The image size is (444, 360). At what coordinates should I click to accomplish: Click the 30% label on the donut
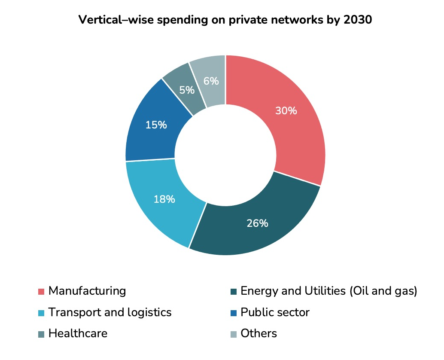coord(286,111)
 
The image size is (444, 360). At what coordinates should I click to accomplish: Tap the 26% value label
coord(257,223)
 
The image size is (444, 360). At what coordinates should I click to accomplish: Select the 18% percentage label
coord(164,199)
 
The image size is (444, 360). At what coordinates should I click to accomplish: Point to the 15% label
coord(156,125)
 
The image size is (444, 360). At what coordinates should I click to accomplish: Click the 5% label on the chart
coord(187,90)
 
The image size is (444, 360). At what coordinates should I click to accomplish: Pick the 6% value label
coord(211,81)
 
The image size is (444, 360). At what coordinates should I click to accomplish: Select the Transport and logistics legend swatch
coord(41,313)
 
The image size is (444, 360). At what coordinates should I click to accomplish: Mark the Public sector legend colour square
coord(233,313)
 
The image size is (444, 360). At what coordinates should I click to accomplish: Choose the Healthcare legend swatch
coord(41,334)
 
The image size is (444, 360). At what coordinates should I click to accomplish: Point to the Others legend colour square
coord(233,334)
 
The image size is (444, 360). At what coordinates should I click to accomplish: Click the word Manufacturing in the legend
coord(87,291)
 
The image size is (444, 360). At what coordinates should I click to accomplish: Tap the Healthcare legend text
coord(78,333)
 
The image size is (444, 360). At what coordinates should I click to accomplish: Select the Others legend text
coord(258,333)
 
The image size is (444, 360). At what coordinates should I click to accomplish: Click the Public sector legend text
coord(275,312)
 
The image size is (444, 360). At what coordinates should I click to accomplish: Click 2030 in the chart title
coord(357,20)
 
